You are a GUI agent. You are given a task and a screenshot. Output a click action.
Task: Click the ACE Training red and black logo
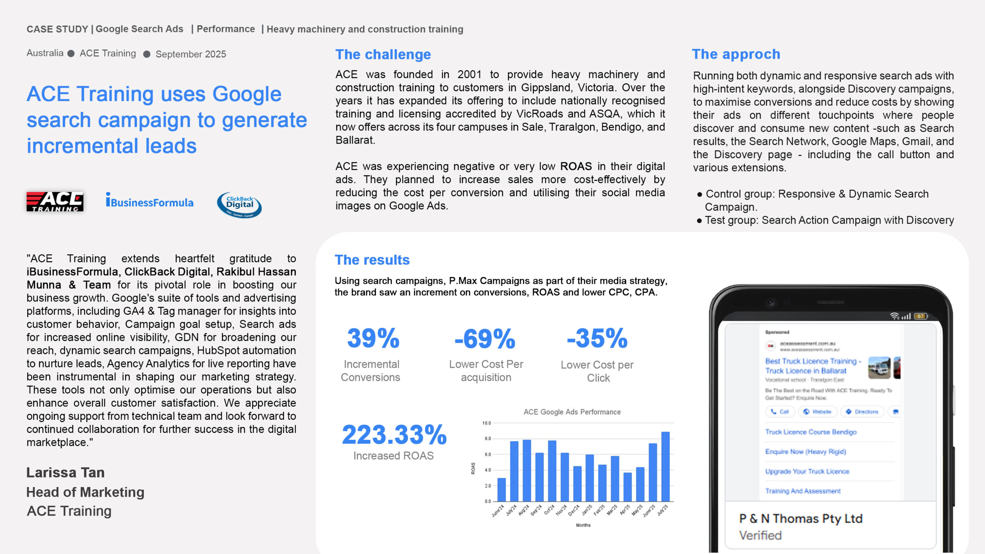[x=55, y=202]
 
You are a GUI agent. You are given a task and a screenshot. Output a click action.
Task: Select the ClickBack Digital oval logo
[x=239, y=205]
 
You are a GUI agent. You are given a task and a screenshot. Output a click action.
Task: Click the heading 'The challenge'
[x=383, y=55]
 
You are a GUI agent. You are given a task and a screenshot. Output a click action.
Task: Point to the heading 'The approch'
[x=736, y=54]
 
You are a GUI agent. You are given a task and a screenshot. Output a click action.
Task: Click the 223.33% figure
[x=394, y=435]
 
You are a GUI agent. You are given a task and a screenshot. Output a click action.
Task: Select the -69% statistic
[x=485, y=339]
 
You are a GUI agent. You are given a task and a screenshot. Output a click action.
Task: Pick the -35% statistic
[x=597, y=338]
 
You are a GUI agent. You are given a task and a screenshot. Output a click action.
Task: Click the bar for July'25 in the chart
[x=665, y=467]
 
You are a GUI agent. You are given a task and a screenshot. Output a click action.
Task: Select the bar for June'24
[x=501, y=490]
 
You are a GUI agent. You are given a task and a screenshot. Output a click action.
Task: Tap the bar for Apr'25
[x=627, y=487]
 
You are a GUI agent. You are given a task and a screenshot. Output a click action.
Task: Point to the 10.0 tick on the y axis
[x=487, y=423]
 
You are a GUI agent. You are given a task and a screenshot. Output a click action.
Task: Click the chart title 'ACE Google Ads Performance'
[x=572, y=412]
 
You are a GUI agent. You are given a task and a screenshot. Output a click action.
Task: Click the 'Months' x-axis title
[x=583, y=525]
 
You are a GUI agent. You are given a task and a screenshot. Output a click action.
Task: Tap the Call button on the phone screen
[x=780, y=412]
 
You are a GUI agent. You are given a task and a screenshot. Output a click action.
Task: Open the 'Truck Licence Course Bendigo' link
[x=811, y=432]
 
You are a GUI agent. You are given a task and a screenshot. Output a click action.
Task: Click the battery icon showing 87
[x=920, y=316]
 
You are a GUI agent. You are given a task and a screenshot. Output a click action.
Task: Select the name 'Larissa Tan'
[x=65, y=472]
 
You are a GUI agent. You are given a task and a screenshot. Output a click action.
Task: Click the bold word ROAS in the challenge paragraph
[x=576, y=166]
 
